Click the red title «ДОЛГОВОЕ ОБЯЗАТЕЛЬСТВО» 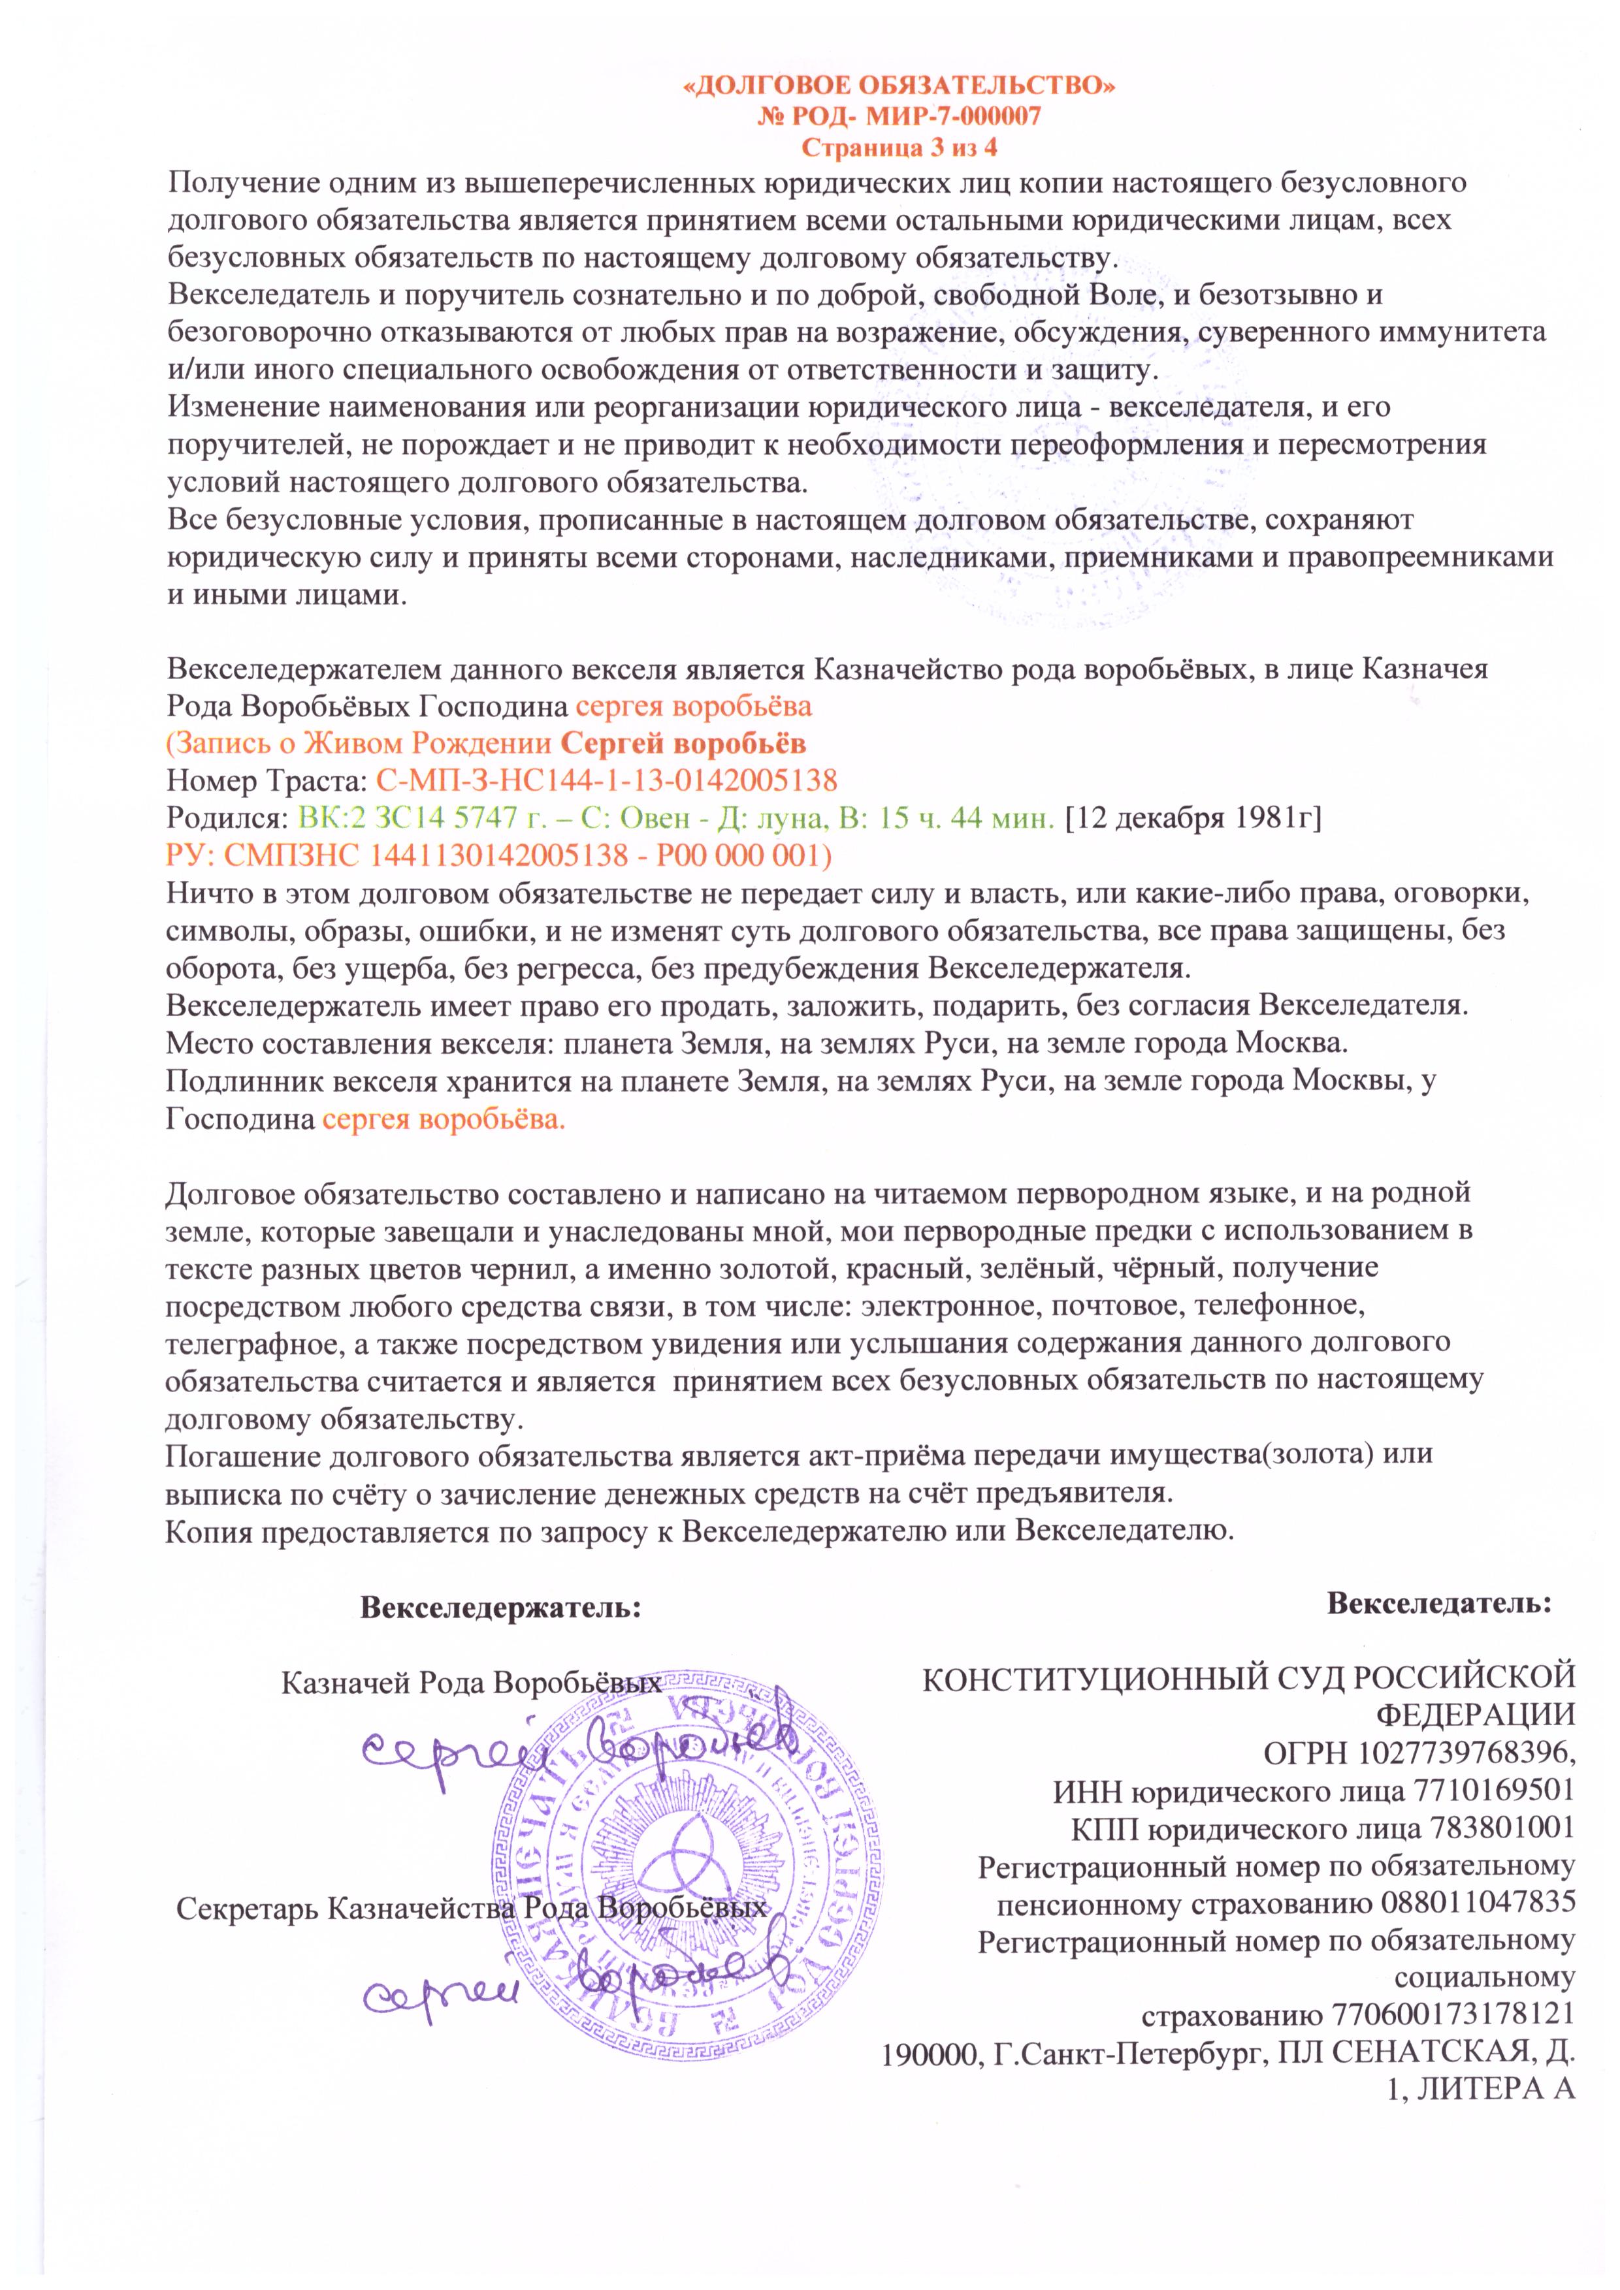pyautogui.click(x=898, y=87)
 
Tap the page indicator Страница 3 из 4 pyautogui.click(x=899, y=148)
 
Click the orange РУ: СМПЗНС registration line pyautogui.click(x=499, y=855)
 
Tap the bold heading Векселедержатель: pyautogui.click(x=500, y=1608)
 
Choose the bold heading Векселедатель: pyautogui.click(x=1438, y=1603)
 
